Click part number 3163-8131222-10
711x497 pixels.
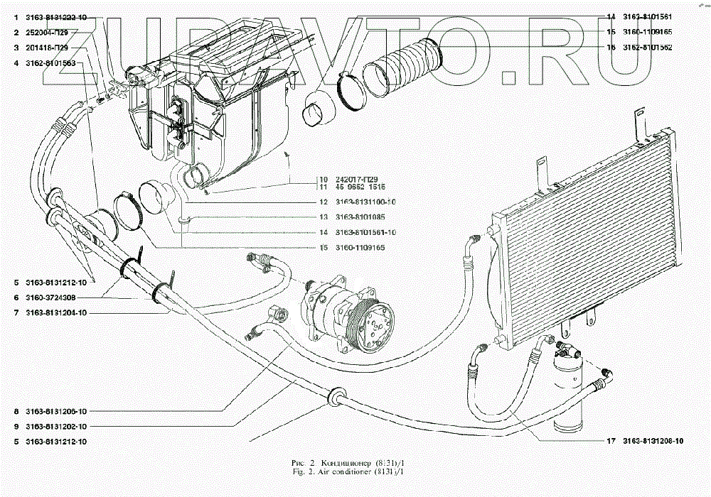pos(56,16)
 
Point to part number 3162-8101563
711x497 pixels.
pos(51,64)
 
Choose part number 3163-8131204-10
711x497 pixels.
pos(56,312)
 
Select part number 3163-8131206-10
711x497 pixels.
pos(56,412)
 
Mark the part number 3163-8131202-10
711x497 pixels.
pos(56,427)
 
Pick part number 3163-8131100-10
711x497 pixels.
pos(365,202)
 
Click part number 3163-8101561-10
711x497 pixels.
pos(365,232)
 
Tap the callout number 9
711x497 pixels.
pos(16,427)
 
